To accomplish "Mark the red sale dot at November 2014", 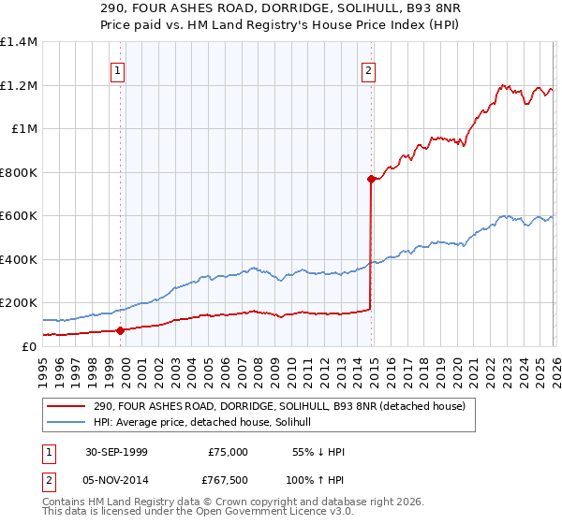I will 372,179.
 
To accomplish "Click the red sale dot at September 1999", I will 121,330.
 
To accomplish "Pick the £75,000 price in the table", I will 228,452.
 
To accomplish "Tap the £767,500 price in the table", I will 228,481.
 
